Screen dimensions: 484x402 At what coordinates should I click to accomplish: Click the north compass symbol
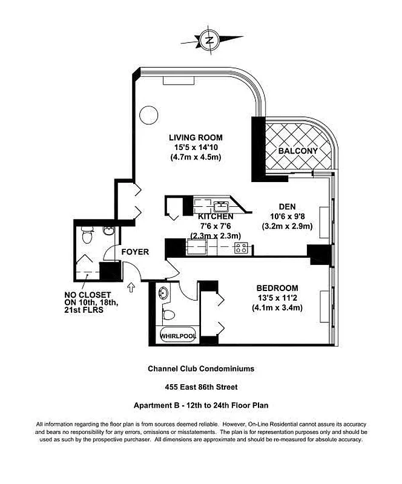click(x=210, y=41)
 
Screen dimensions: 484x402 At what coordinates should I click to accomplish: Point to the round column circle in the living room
click(x=148, y=116)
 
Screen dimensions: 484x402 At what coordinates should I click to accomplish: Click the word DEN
click(x=288, y=205)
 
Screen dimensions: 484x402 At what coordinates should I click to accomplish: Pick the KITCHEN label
click(x=216, y=216)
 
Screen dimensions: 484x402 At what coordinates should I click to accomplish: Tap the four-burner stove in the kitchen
click(x=241, y=247)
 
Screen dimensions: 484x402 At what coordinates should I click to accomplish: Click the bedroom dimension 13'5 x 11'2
click(x=278, y=298)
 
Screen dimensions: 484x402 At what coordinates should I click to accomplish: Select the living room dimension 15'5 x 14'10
click(x=194, y=148)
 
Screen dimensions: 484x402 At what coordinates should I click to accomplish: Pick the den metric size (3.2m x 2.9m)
click(x=287, y=226)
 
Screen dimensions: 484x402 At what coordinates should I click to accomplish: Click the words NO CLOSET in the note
click(x=87, y=296)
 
